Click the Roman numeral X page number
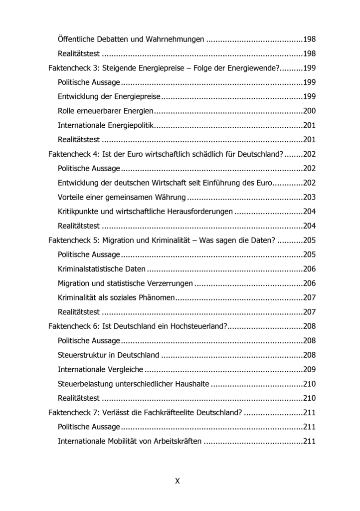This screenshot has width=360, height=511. coord(178,481)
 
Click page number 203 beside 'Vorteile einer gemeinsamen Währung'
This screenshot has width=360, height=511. coord(309,197)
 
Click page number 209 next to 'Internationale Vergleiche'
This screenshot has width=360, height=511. coord(309,370)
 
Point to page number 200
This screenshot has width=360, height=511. coord(309,111)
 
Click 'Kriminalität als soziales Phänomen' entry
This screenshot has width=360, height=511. coord(116,298)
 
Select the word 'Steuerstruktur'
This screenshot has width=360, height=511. coord(82,355)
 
